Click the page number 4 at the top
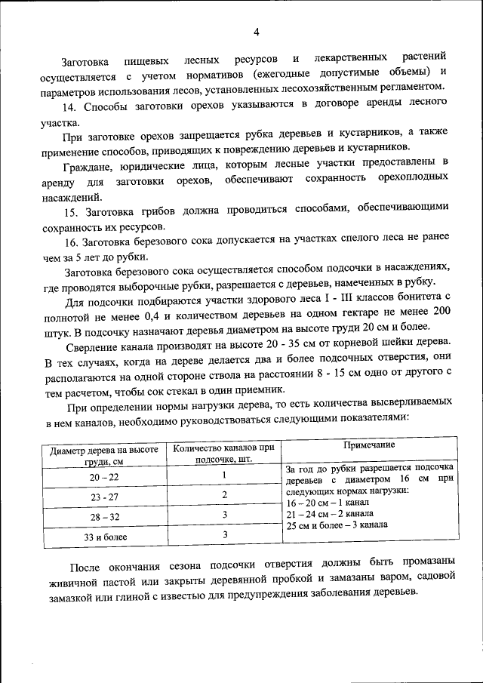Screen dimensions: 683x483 point(256,32)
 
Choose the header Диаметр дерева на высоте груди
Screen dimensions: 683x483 point(104,454)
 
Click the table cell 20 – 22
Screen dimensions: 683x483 point(104,478)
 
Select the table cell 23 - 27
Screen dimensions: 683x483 point(104,497)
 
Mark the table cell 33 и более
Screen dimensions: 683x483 point(104,537)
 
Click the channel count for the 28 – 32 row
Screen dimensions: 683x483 point(224,515)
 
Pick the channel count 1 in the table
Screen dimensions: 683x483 point(224,475)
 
